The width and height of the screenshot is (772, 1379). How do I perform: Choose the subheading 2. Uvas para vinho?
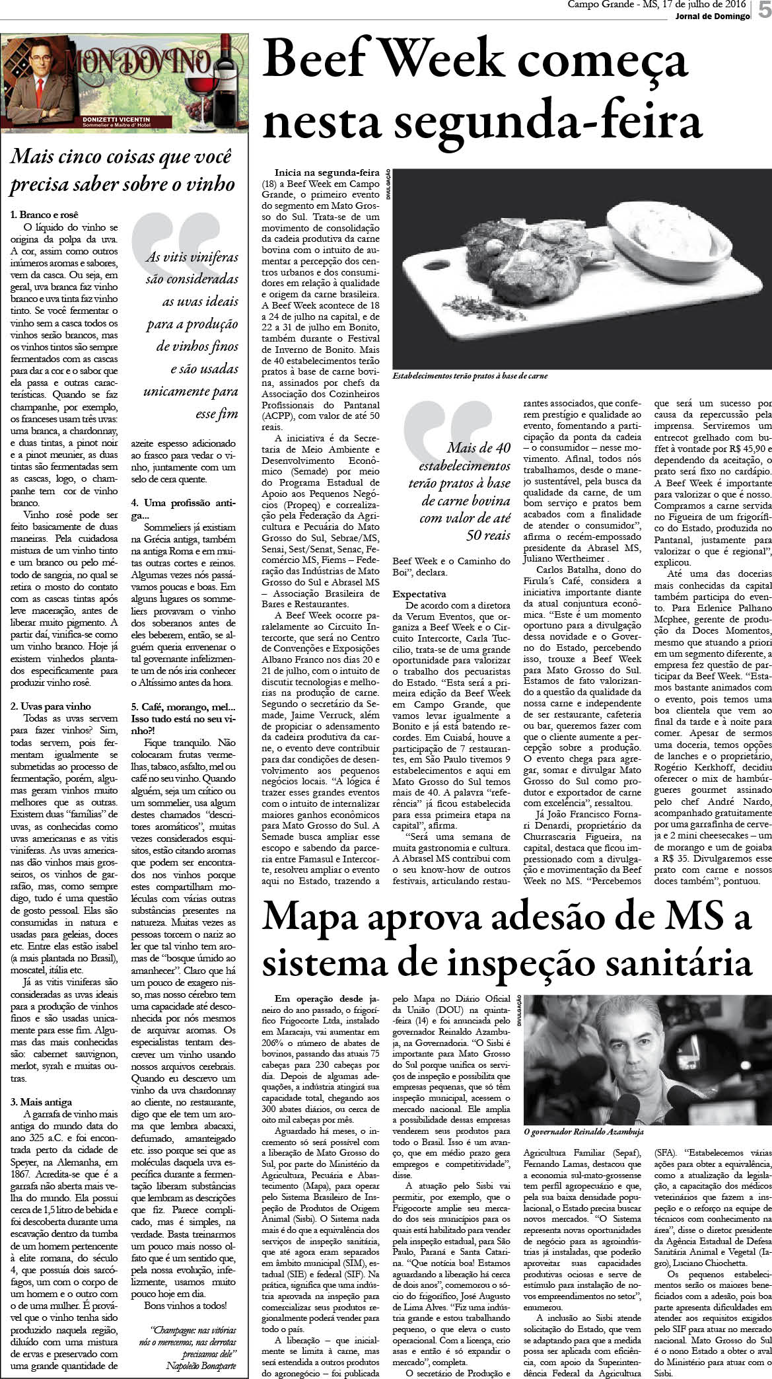pos(51,706)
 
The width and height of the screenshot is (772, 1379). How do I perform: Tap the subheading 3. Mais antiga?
pos(42,1101)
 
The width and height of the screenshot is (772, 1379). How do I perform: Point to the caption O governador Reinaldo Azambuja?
pos(583,1131)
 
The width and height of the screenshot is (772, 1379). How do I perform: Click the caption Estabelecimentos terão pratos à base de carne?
pos(470,375)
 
